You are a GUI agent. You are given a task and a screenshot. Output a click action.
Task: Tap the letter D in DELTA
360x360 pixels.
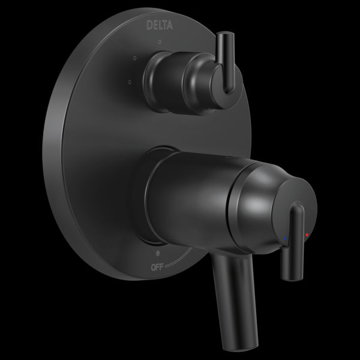tap(149, 26)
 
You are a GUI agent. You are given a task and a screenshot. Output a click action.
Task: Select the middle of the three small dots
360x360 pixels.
tap(134, 58)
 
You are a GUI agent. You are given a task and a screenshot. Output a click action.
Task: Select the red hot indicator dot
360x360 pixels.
tap(308, 236)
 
